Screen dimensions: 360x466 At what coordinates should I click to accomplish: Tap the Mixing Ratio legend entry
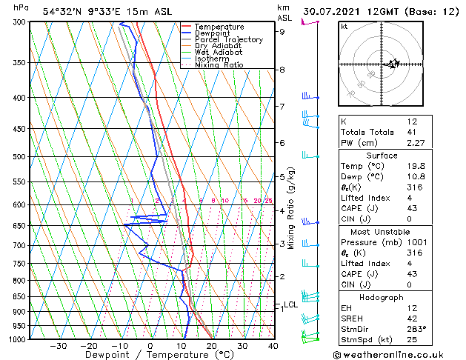(219, 65)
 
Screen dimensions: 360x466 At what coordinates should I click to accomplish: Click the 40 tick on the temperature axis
(273, 346)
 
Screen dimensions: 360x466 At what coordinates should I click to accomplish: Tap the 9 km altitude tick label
(282, 32)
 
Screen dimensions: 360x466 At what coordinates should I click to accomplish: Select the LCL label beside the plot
(290, 304)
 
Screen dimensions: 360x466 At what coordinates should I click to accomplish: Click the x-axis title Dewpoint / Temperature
(149, 355)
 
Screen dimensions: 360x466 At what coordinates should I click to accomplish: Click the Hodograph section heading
(381, 296)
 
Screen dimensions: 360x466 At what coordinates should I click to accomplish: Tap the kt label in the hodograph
(344, 26)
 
